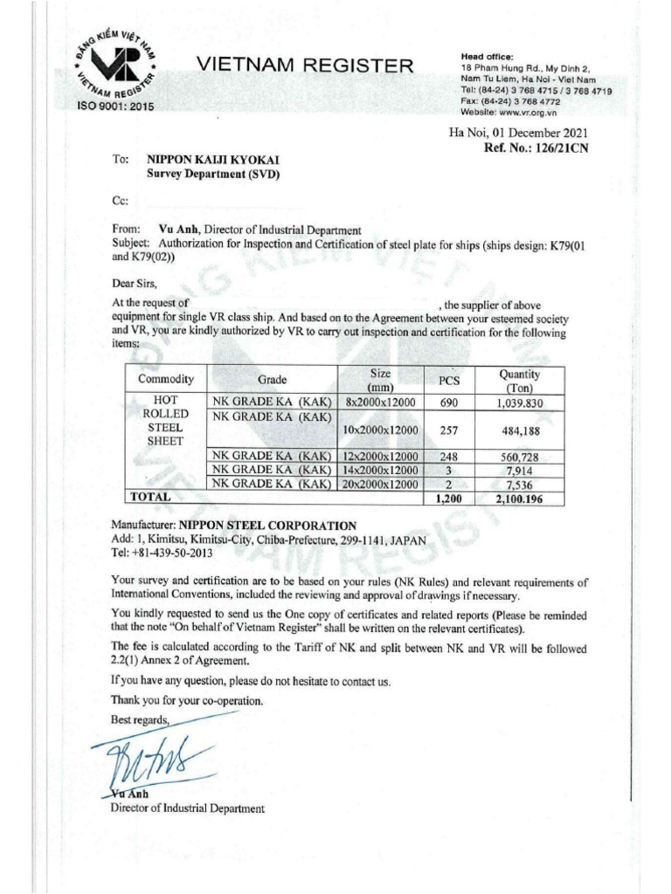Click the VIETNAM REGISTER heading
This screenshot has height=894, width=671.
(305, 64)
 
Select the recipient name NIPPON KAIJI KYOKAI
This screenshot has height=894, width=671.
(201, 161)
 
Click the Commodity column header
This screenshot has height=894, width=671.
(165, 380)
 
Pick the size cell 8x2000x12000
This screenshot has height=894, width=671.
(379, 402)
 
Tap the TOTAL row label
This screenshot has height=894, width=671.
(151, 496)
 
